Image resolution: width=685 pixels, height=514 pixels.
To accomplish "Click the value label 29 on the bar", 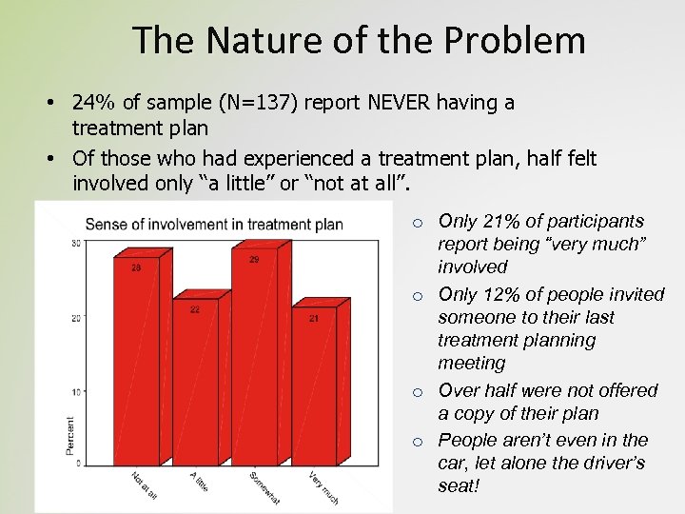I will click(x=254, y=260).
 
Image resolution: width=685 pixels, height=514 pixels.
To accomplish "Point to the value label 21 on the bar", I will click(x=313, y=320).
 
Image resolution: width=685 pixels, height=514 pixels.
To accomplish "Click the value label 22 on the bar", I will click(x=194, y=309).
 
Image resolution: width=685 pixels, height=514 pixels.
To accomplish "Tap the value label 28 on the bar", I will click(x=136, y=267).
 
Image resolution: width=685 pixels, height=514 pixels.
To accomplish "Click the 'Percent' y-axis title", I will click(x=70, y=435).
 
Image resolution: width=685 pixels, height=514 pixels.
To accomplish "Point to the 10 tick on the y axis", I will click(x=77, y=391).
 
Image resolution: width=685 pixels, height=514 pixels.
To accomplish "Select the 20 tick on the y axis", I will click(x=77, y=318).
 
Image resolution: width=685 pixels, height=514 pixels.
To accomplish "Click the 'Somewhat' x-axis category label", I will click(x=263, y=487).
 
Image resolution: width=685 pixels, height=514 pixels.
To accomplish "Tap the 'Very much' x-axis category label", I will click(x=323, y=487).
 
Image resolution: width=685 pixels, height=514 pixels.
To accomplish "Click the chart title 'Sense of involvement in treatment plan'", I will click(x=214, y=225).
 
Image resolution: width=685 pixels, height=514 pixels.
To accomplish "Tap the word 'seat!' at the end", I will click(x=459, y=485).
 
